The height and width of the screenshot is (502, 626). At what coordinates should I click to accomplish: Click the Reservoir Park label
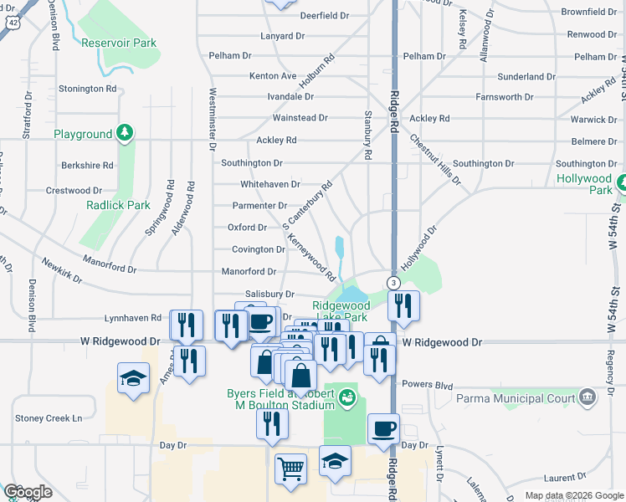click(119, 43)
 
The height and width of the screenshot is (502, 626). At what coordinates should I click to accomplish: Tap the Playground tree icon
click(124, 133)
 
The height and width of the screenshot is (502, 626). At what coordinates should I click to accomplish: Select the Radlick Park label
click(118, 205)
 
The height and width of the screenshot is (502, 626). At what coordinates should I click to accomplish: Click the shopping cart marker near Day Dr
click(290, 469)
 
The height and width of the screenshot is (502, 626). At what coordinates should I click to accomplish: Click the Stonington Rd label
click(87, 88)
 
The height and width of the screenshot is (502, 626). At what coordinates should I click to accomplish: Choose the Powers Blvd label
click(427, 386)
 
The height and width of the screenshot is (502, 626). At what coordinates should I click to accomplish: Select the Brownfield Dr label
click(588, 12)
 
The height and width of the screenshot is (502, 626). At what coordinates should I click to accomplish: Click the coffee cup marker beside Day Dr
click(384, 429)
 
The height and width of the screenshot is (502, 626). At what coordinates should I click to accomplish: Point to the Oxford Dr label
click(247, 227)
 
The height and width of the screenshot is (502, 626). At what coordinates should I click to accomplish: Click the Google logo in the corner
click(28, 492)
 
